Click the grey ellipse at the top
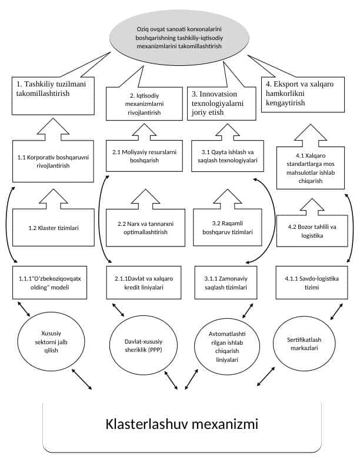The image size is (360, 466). click(x=179, y=38)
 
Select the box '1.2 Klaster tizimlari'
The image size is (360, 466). click(x=54, y=228)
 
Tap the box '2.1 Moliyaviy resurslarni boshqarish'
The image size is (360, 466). click(x=144, y=156)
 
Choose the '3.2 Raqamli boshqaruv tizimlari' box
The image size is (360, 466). click(x=228, y=228)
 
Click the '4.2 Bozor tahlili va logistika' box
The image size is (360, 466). click(x=312, y=231)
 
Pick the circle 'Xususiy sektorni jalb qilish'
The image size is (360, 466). click(x=51, y=342)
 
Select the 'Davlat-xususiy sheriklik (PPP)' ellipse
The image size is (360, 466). click(x=144, y=345)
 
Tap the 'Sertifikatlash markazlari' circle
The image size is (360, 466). click(x=304, y=344)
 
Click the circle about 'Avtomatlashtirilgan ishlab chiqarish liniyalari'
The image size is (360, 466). click(x=227, y=347)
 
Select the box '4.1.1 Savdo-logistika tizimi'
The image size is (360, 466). click(x=312, y=282)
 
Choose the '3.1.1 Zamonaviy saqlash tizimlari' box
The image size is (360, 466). click(x=226, y=282)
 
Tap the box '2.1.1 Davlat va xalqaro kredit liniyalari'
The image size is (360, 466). click(x=144, y=282)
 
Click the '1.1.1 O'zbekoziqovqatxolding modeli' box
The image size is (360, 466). click(x=49, y=282)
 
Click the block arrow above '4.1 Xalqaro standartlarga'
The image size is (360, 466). click(x=311, y=135)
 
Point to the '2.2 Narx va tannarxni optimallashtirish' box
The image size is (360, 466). click(x=145, y=228)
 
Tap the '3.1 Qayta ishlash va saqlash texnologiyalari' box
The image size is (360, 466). click(x=228, y=156)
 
